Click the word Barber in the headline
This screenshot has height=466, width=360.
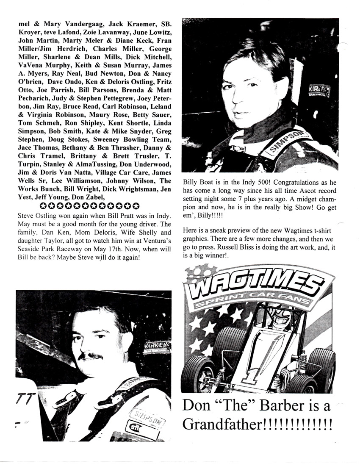pyautogui.click(x=277, y=405)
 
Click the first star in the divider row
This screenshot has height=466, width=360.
pyautogui.click(x=43, y=206)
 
